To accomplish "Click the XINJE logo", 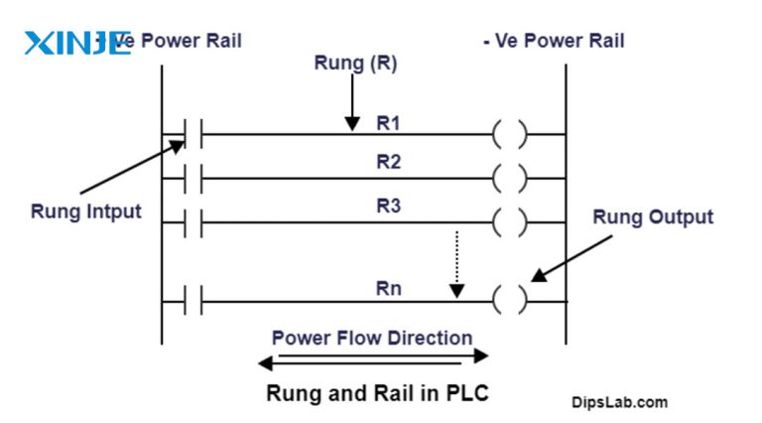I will click(76, 43).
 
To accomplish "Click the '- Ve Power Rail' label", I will click(560, 41).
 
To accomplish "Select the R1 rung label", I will click(387, 123).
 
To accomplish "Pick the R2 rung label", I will click(387, 162).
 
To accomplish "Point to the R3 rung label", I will click(387, 207).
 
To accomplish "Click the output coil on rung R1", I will click(509, 134).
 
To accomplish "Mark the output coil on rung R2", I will click(509, 180).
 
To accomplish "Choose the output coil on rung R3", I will click(509, 222).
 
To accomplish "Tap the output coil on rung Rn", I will click(509, 301).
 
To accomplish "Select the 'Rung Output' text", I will click(652, 216).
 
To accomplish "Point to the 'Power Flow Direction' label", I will click(372, 338).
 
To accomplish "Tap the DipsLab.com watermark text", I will click(619, 402).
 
